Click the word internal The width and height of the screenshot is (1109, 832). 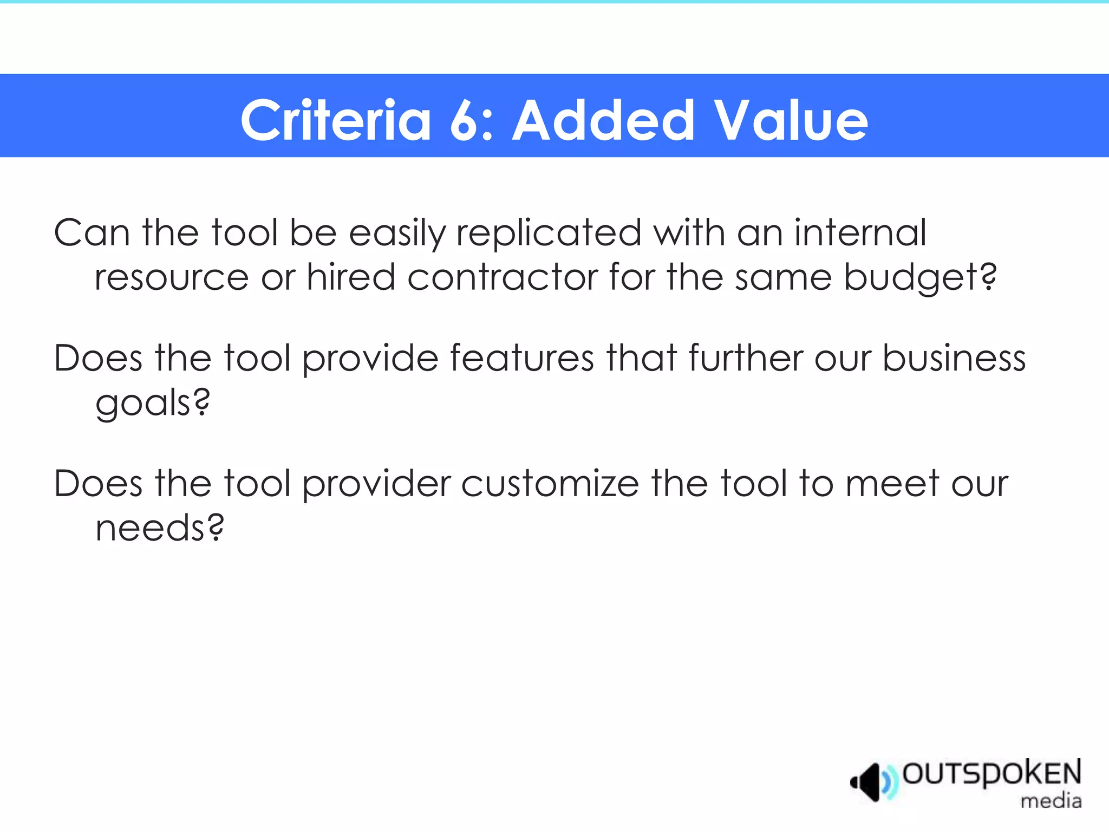pos(860,233)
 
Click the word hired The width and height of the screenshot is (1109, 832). pos(351,277)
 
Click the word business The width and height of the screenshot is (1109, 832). pos(954,358)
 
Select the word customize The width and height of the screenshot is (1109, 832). pos(550,483)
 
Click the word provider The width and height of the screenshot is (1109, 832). pos(376,484)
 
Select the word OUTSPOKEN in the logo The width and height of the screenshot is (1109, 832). pos(991,773)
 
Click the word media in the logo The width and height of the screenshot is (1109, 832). pos(1051,801)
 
